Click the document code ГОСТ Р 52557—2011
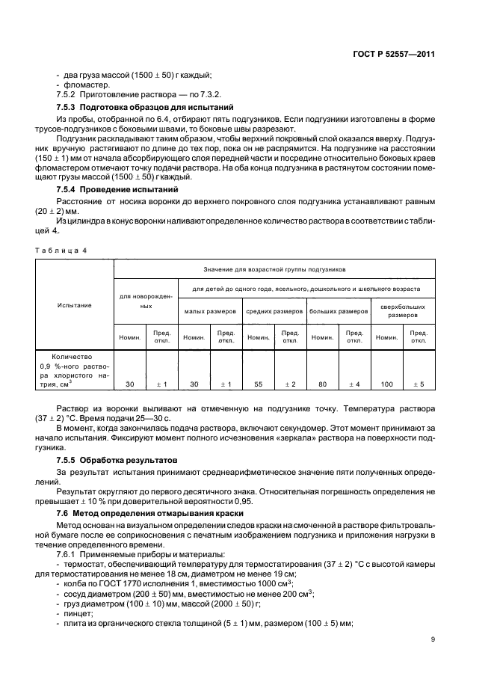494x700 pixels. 395,54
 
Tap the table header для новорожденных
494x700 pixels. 145,301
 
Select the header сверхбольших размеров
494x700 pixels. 403,310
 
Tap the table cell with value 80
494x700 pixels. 323,384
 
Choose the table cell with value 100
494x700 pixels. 386,384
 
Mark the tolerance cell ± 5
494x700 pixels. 419,384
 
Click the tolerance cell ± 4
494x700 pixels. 354,384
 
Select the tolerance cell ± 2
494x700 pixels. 290,384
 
